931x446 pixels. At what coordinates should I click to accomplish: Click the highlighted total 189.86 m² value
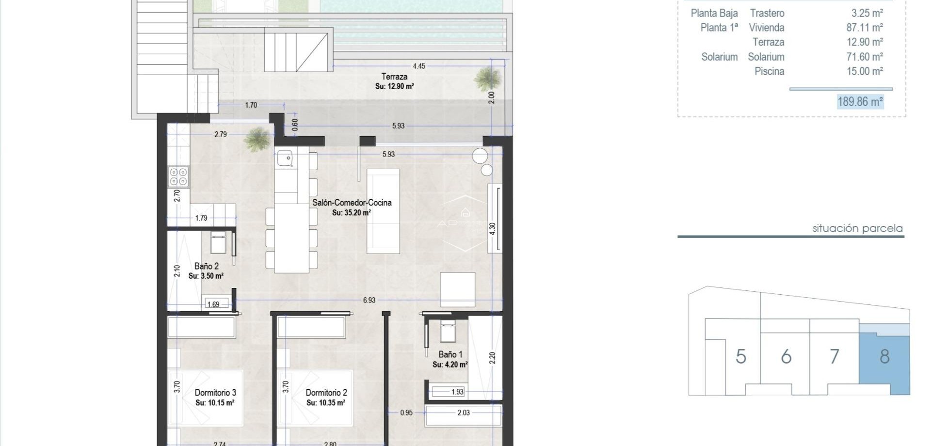click(x=860, y=102)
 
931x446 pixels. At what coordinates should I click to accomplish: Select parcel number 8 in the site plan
click(x=884, y=357)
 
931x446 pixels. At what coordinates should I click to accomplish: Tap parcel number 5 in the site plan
click(x=740, y=357)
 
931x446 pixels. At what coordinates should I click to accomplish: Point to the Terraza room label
click(x=394, y=77)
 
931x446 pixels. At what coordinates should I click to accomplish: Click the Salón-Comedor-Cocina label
click(x=352, y=203)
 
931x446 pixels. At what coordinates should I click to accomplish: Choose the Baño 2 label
click(x=206, y=266)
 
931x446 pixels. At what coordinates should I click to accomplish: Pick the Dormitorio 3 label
click(x=215, y=393)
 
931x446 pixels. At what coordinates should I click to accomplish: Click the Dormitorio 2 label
click(x=326, y=393)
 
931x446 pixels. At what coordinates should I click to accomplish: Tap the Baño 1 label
click(x=450, y=354)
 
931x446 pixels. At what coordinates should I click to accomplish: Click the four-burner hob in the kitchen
click(x=178, y=177)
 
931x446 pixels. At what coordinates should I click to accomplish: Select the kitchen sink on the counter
click(x=285, y=158)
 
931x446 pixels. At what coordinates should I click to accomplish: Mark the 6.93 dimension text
click(x=369, y=300)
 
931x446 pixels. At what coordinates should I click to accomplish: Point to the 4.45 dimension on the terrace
click(x=418, y=66)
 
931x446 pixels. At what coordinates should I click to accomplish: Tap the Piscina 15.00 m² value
click(x=864, y=71)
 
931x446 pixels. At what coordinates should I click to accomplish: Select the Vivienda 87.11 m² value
click(x=864, y=28)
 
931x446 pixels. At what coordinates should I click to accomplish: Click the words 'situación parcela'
click(x=857, y=228)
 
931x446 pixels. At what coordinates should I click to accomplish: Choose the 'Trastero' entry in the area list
click(x=767, y=13)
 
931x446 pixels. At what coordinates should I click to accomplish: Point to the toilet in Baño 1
click(x=447, y=333)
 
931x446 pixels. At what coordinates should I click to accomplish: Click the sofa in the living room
click(x=383, y=211)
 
